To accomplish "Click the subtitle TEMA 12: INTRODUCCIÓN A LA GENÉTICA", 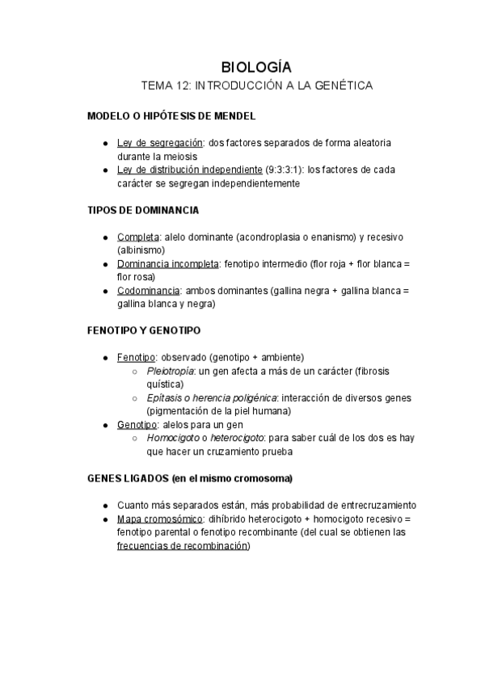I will (x=256, y=85).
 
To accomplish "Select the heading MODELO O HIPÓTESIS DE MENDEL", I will (x=171, y=116).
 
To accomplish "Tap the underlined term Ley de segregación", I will (x=159, y=142).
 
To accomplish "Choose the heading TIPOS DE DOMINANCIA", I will (x=143, y=210).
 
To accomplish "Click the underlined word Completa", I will (x=138, y=237).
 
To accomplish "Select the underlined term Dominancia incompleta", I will (x=167, y=264).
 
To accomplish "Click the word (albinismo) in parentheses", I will (x=141, y=250).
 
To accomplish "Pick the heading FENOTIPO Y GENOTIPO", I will (x=144, y=330).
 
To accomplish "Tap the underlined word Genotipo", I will (x=136, y=424).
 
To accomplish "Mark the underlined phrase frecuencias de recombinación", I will (x=183, y=545).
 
